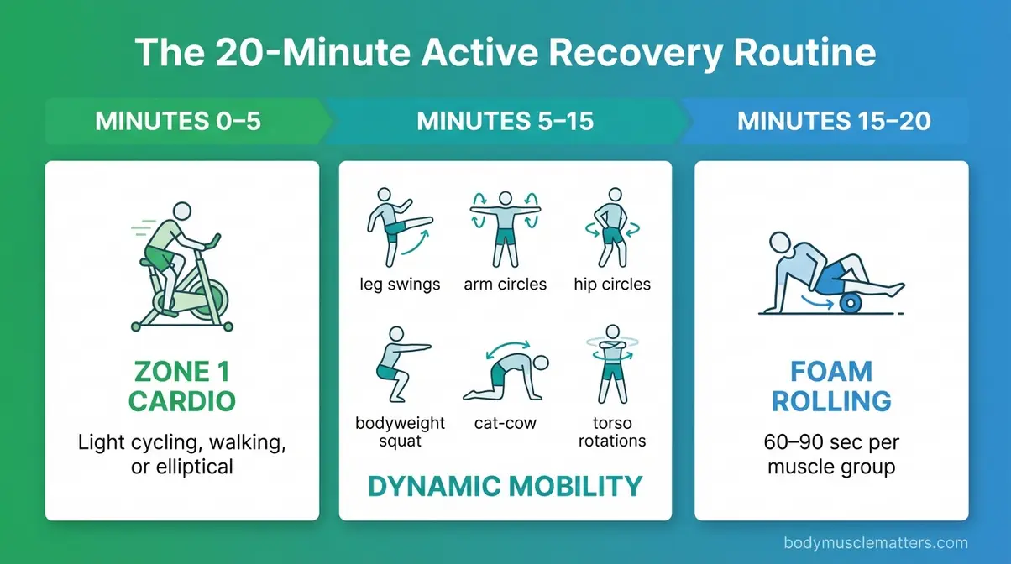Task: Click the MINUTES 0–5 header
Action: (178, 121)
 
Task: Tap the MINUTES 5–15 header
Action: (505, 121)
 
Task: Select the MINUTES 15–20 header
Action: (833, 121)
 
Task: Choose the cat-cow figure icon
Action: (505, 373)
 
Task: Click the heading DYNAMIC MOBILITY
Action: (505, 485)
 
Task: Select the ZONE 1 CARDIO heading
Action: (181, 386)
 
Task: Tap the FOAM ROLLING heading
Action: (831, 386)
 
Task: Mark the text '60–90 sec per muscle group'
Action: (831, 454)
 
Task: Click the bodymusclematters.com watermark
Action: (876, 543)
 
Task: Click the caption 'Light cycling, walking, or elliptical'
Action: (181, 454)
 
